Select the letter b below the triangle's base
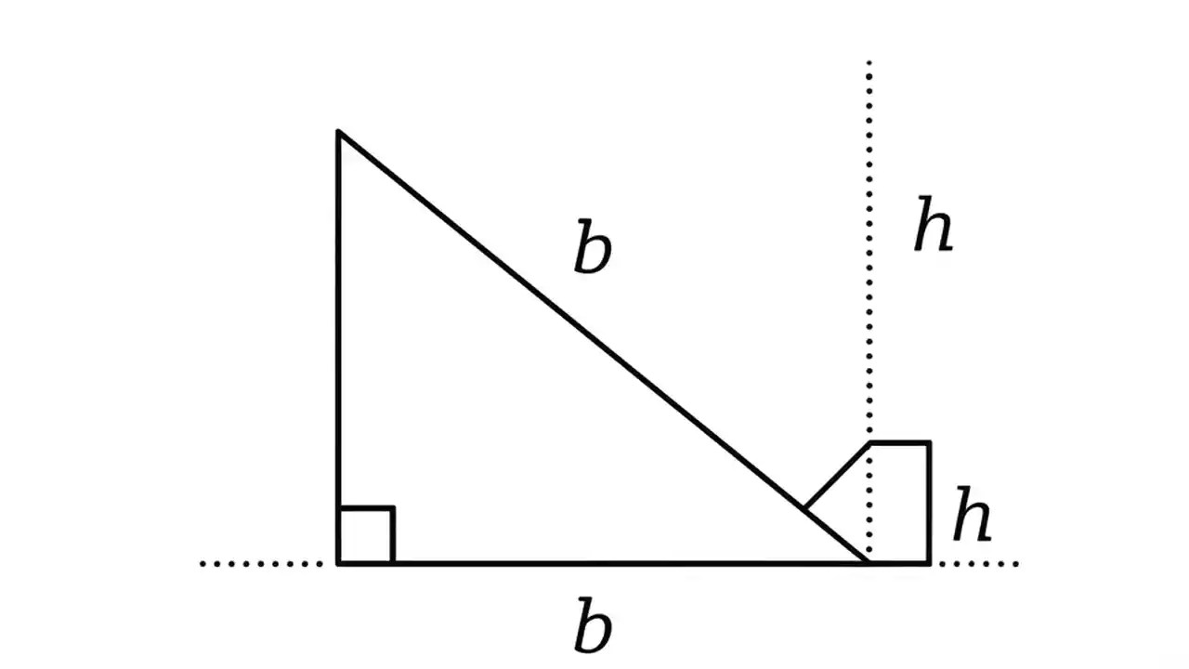click(x=593, y=628)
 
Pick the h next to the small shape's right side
click(x=972, y=518)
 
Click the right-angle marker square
click(x=367, y=535)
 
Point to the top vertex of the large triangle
click(x=338, y=133)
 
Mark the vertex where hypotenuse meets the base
click(x=868, y=561)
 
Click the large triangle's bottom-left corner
click(x=338, y=562)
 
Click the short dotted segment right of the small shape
click(x=979, y=563)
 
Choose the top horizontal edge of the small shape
click(x=899, y=444)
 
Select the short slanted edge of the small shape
click(x=836, y=476)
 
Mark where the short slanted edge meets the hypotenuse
click(x=804, y=508)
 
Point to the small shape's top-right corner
click(x=929, y=444)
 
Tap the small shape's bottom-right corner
click(x=929, y=562)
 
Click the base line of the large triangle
click(x=604, y=562)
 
